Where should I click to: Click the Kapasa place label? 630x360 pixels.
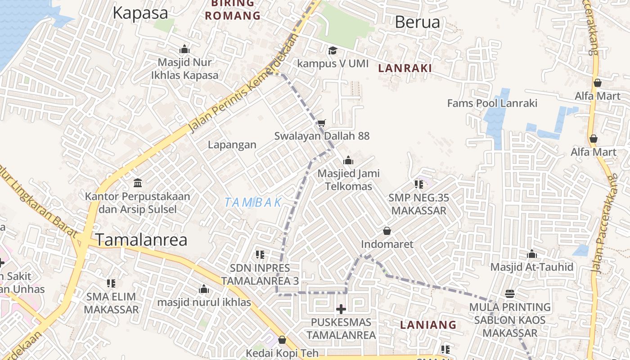140,13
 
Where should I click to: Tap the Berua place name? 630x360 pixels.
417,22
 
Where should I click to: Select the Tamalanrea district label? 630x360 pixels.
141,240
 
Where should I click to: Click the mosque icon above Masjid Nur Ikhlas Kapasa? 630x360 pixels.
184,49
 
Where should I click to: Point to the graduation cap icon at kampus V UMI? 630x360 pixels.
333,50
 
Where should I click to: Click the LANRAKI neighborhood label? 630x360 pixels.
405,68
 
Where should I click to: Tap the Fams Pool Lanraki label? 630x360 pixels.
492,103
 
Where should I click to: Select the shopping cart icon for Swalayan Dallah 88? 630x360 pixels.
321,123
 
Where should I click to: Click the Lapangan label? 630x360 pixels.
232,144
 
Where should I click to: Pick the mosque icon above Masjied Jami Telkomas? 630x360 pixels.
348,160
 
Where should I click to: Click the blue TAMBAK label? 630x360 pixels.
253,202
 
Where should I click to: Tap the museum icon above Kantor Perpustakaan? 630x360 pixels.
138,183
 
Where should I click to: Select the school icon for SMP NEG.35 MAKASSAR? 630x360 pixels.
419,184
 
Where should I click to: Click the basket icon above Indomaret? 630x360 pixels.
387,231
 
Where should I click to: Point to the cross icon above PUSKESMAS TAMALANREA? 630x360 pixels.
341,309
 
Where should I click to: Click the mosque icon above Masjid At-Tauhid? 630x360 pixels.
532,254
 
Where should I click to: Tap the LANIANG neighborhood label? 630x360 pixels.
428,324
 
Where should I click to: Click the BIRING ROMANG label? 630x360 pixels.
233,10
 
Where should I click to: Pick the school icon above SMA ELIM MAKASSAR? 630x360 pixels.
111,283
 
